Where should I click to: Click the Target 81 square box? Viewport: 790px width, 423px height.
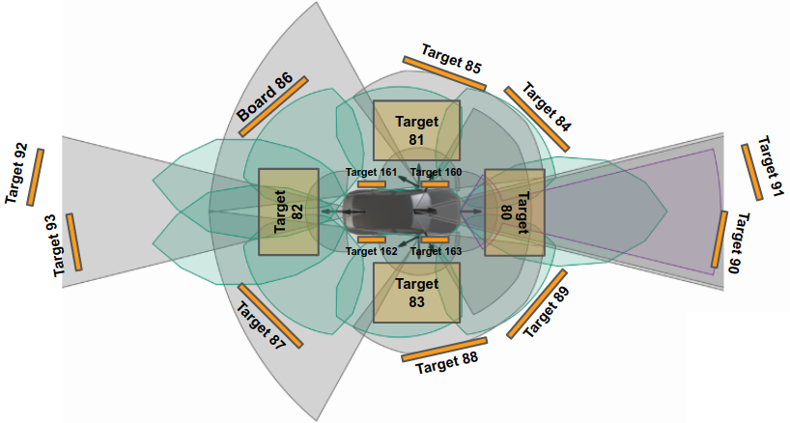(415, 130)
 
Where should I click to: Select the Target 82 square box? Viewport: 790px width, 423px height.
(288, 211)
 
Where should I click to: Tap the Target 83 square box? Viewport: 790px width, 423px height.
(415, 293)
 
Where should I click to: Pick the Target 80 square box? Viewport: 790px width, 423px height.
(514, 211)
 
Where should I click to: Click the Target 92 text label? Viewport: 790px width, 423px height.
(16, 174)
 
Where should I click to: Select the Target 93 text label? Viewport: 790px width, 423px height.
(64, 245)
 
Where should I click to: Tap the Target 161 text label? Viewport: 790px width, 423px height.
(372, 172)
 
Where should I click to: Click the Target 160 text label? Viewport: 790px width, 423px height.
(437, 172)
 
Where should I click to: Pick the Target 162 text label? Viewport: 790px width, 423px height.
(372, 251)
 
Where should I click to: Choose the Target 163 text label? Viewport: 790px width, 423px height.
(437, 251)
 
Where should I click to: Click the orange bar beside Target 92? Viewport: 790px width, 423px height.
(36, 176)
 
